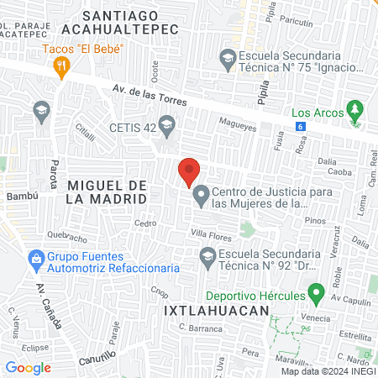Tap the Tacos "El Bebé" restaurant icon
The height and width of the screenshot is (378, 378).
click(x=60, y=71)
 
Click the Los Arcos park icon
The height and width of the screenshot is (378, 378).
click(x=355, y=109)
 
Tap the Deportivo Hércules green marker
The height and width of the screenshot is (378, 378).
click(x=317, y=294)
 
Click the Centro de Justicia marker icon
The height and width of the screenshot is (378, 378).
click(x=201, y=197)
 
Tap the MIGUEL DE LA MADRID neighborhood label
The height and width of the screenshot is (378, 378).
click(x=106, y=192)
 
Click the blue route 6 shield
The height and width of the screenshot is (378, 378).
click(x=300, y=126)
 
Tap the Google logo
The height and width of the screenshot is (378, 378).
click(x=28, y=367)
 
